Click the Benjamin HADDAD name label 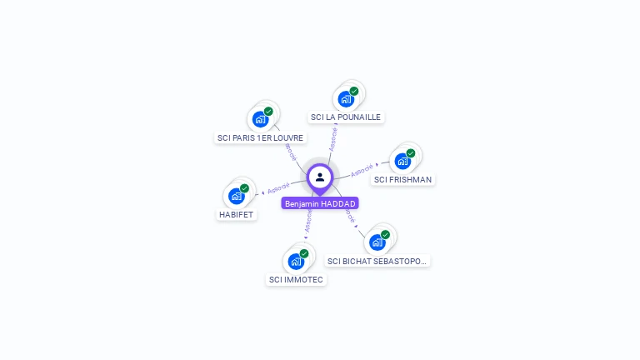(x=320, y=203)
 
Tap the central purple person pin (x=320, y=177)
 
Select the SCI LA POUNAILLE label (x=345, y=117)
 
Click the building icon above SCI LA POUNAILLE (x=346, y=99)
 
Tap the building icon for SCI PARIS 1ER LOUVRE (x=260, y=119)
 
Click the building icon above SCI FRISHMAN (x=403, y=161)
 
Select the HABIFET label (x=236, y=214)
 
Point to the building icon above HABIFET (x=236, y=196)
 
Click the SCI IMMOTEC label (x=296, y=280)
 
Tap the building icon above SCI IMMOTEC (x=296, y=261)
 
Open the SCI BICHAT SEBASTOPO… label (x=377, y=261)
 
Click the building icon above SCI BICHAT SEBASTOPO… (x=377, y=242)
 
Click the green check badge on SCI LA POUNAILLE (x=354, y=91)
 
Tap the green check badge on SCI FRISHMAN (x=411, y=153)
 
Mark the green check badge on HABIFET (x=244, y=188)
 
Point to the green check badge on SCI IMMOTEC (x=304, y=253)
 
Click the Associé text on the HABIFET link (x=279, y=187)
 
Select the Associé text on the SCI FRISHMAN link (x=362, y=171)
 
